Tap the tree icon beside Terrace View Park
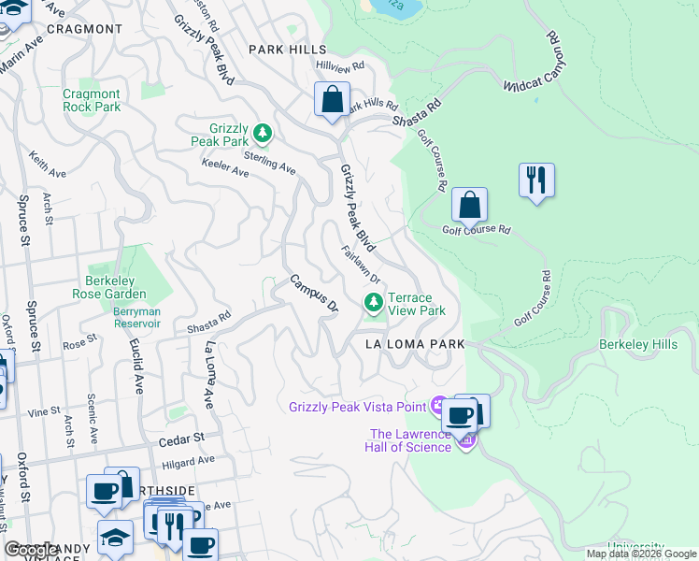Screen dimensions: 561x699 pos(374,302)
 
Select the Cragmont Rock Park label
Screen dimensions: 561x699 pos(92,100)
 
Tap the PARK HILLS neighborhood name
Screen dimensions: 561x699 pos(287,50)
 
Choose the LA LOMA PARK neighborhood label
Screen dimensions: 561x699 pos(414,344)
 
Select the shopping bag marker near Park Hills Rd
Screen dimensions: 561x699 pos(332,98)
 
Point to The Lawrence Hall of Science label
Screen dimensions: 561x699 pos(411,440)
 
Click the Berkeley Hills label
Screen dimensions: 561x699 pos(638,345)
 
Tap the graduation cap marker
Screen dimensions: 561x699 pos(116,537)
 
